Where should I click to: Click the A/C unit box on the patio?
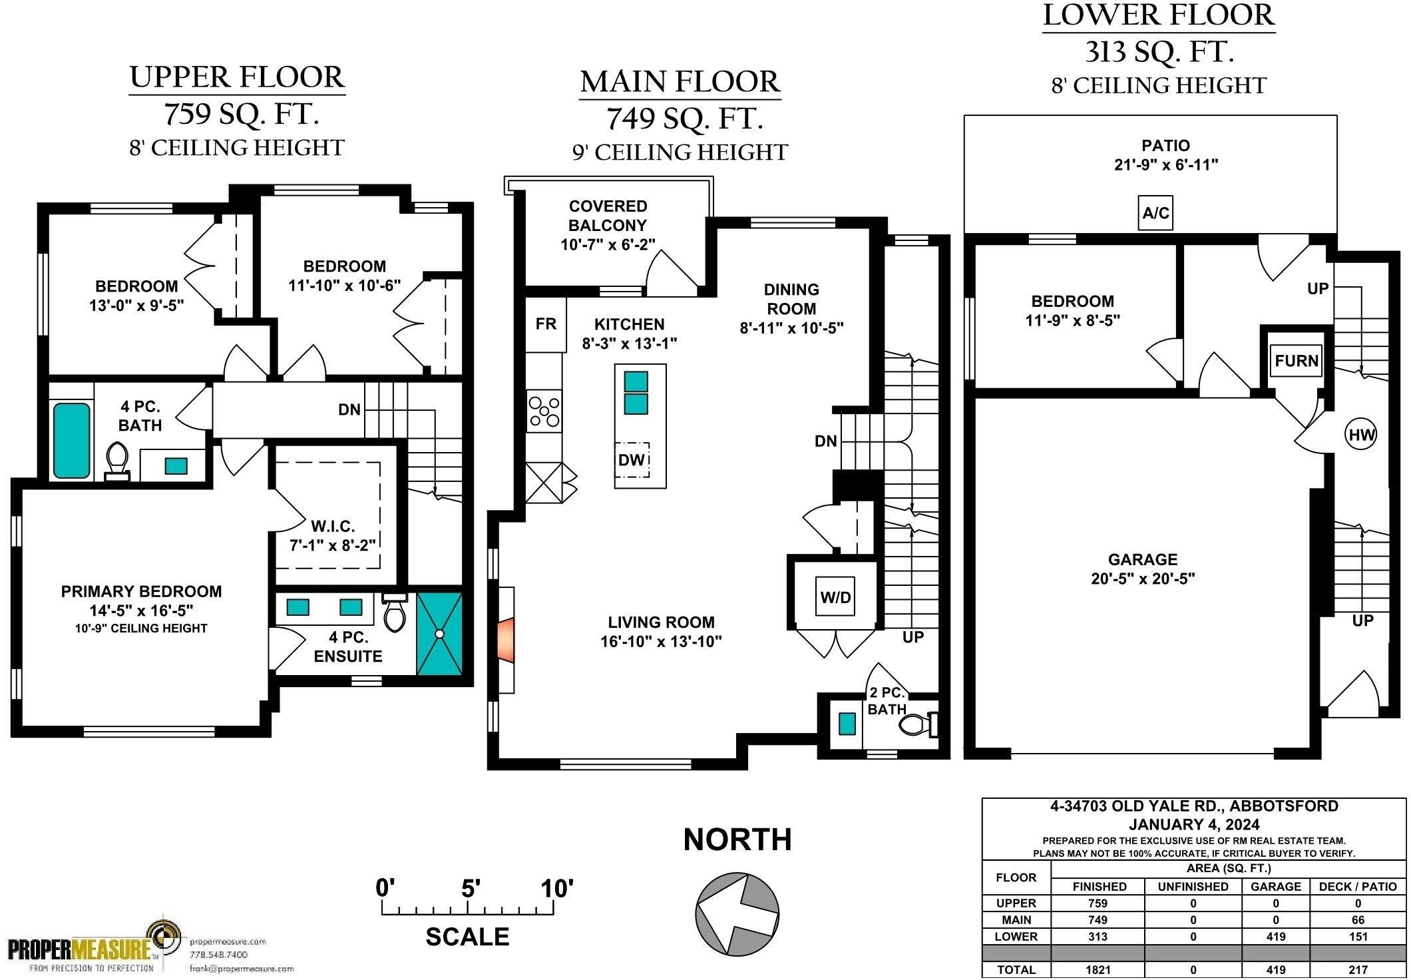tap(1155, 213)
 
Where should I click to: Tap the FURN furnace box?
tap(1296, 361)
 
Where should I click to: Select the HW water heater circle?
tap(1361, 435)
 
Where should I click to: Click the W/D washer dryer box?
tap(835, 597)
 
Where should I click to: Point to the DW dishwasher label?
tap(631, 459)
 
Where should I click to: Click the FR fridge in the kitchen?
tap(546, 324)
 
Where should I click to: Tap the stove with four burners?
tap(544, 411)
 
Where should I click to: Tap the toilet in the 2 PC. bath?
tap(920, 724)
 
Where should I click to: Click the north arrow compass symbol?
tap(737, 913)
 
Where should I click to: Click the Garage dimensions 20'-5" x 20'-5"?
tap(1143, 579)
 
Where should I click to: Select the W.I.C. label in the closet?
tap(333, 526)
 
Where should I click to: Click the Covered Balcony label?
tap(608, 216)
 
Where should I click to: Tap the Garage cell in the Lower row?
tap(1275, 937)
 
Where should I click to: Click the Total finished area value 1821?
tap(1098, 970)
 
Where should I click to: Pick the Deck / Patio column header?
tap(1358, 887)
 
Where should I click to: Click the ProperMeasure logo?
tap(93, 946)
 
